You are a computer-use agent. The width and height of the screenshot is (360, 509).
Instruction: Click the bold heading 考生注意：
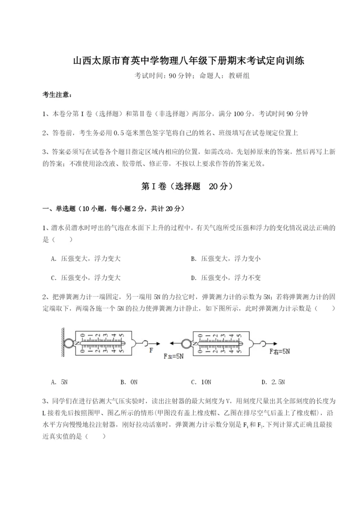point(56,95)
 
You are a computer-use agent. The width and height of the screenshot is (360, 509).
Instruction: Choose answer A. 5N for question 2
point(59,382)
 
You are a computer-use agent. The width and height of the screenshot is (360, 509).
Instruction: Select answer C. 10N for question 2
point(201,382)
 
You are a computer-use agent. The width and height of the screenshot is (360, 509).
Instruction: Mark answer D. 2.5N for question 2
point(273,382)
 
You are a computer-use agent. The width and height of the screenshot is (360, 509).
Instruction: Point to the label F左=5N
point(173,356)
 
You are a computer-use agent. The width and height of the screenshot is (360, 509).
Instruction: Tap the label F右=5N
point(279,351)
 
